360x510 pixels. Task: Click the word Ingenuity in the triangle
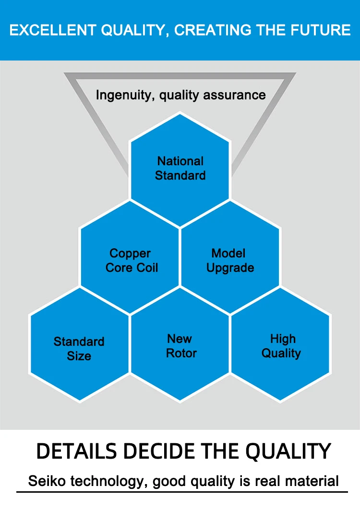[125, 95]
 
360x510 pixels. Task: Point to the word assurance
[234, 95]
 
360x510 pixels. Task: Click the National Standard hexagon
[180, 170]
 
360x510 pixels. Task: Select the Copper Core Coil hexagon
[130, 257]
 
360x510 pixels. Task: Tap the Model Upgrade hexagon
[230, 257]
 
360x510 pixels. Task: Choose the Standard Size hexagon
[80, 345]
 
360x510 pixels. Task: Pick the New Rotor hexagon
[180, 345]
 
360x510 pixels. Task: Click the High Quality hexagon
[280, 345]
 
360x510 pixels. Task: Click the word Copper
[130, 254]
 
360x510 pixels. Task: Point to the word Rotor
[181, 353]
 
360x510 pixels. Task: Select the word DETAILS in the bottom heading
[76, 451]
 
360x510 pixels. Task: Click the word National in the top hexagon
[180, 161]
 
